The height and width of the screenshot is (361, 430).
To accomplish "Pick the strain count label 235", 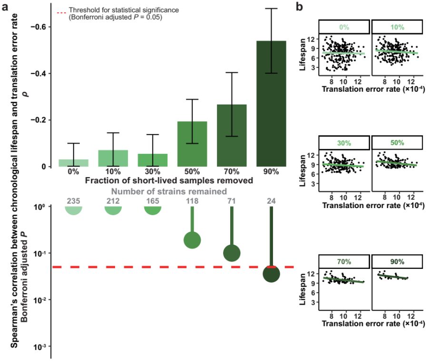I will coord(74,201).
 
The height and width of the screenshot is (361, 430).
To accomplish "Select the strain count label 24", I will coord(271,201).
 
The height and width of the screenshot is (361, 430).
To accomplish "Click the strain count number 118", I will coord(192,201).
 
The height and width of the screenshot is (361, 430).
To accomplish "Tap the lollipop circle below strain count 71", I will coord(232,253).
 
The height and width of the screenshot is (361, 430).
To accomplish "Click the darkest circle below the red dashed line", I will coord(271,275).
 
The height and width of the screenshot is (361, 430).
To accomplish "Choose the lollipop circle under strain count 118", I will coord(192,240).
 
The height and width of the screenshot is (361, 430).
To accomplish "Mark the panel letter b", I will coord(300,7).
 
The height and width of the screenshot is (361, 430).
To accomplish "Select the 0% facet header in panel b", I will coord(344,27).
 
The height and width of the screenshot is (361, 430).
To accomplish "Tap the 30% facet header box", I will coord(344,142).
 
